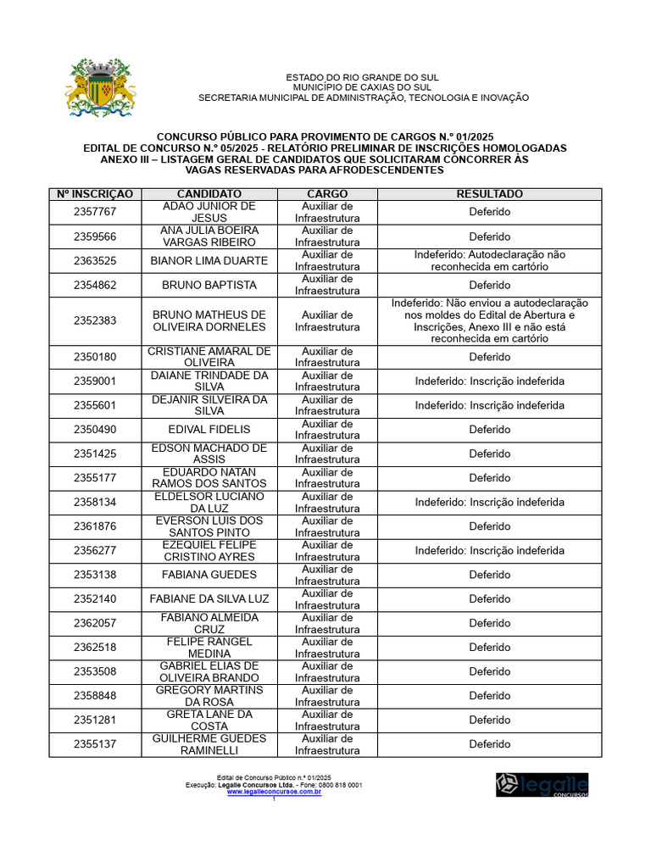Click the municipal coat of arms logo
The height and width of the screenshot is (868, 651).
101,88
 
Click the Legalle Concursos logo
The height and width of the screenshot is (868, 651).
542,784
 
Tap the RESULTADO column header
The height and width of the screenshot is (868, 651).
489,194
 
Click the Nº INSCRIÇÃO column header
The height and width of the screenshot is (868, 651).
95,194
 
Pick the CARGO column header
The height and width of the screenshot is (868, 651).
327,194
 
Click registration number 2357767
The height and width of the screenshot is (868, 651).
95,212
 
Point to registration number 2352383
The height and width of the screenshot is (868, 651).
95,321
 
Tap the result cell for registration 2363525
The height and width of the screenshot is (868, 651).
489,261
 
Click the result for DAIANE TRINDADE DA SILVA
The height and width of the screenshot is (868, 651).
489,381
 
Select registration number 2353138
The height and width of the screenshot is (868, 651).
95,575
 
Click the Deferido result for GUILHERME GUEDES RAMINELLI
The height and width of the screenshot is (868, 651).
489,744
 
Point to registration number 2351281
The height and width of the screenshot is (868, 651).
95,721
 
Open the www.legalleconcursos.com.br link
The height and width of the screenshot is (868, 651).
274,792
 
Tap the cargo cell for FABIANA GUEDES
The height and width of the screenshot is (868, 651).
327,575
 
